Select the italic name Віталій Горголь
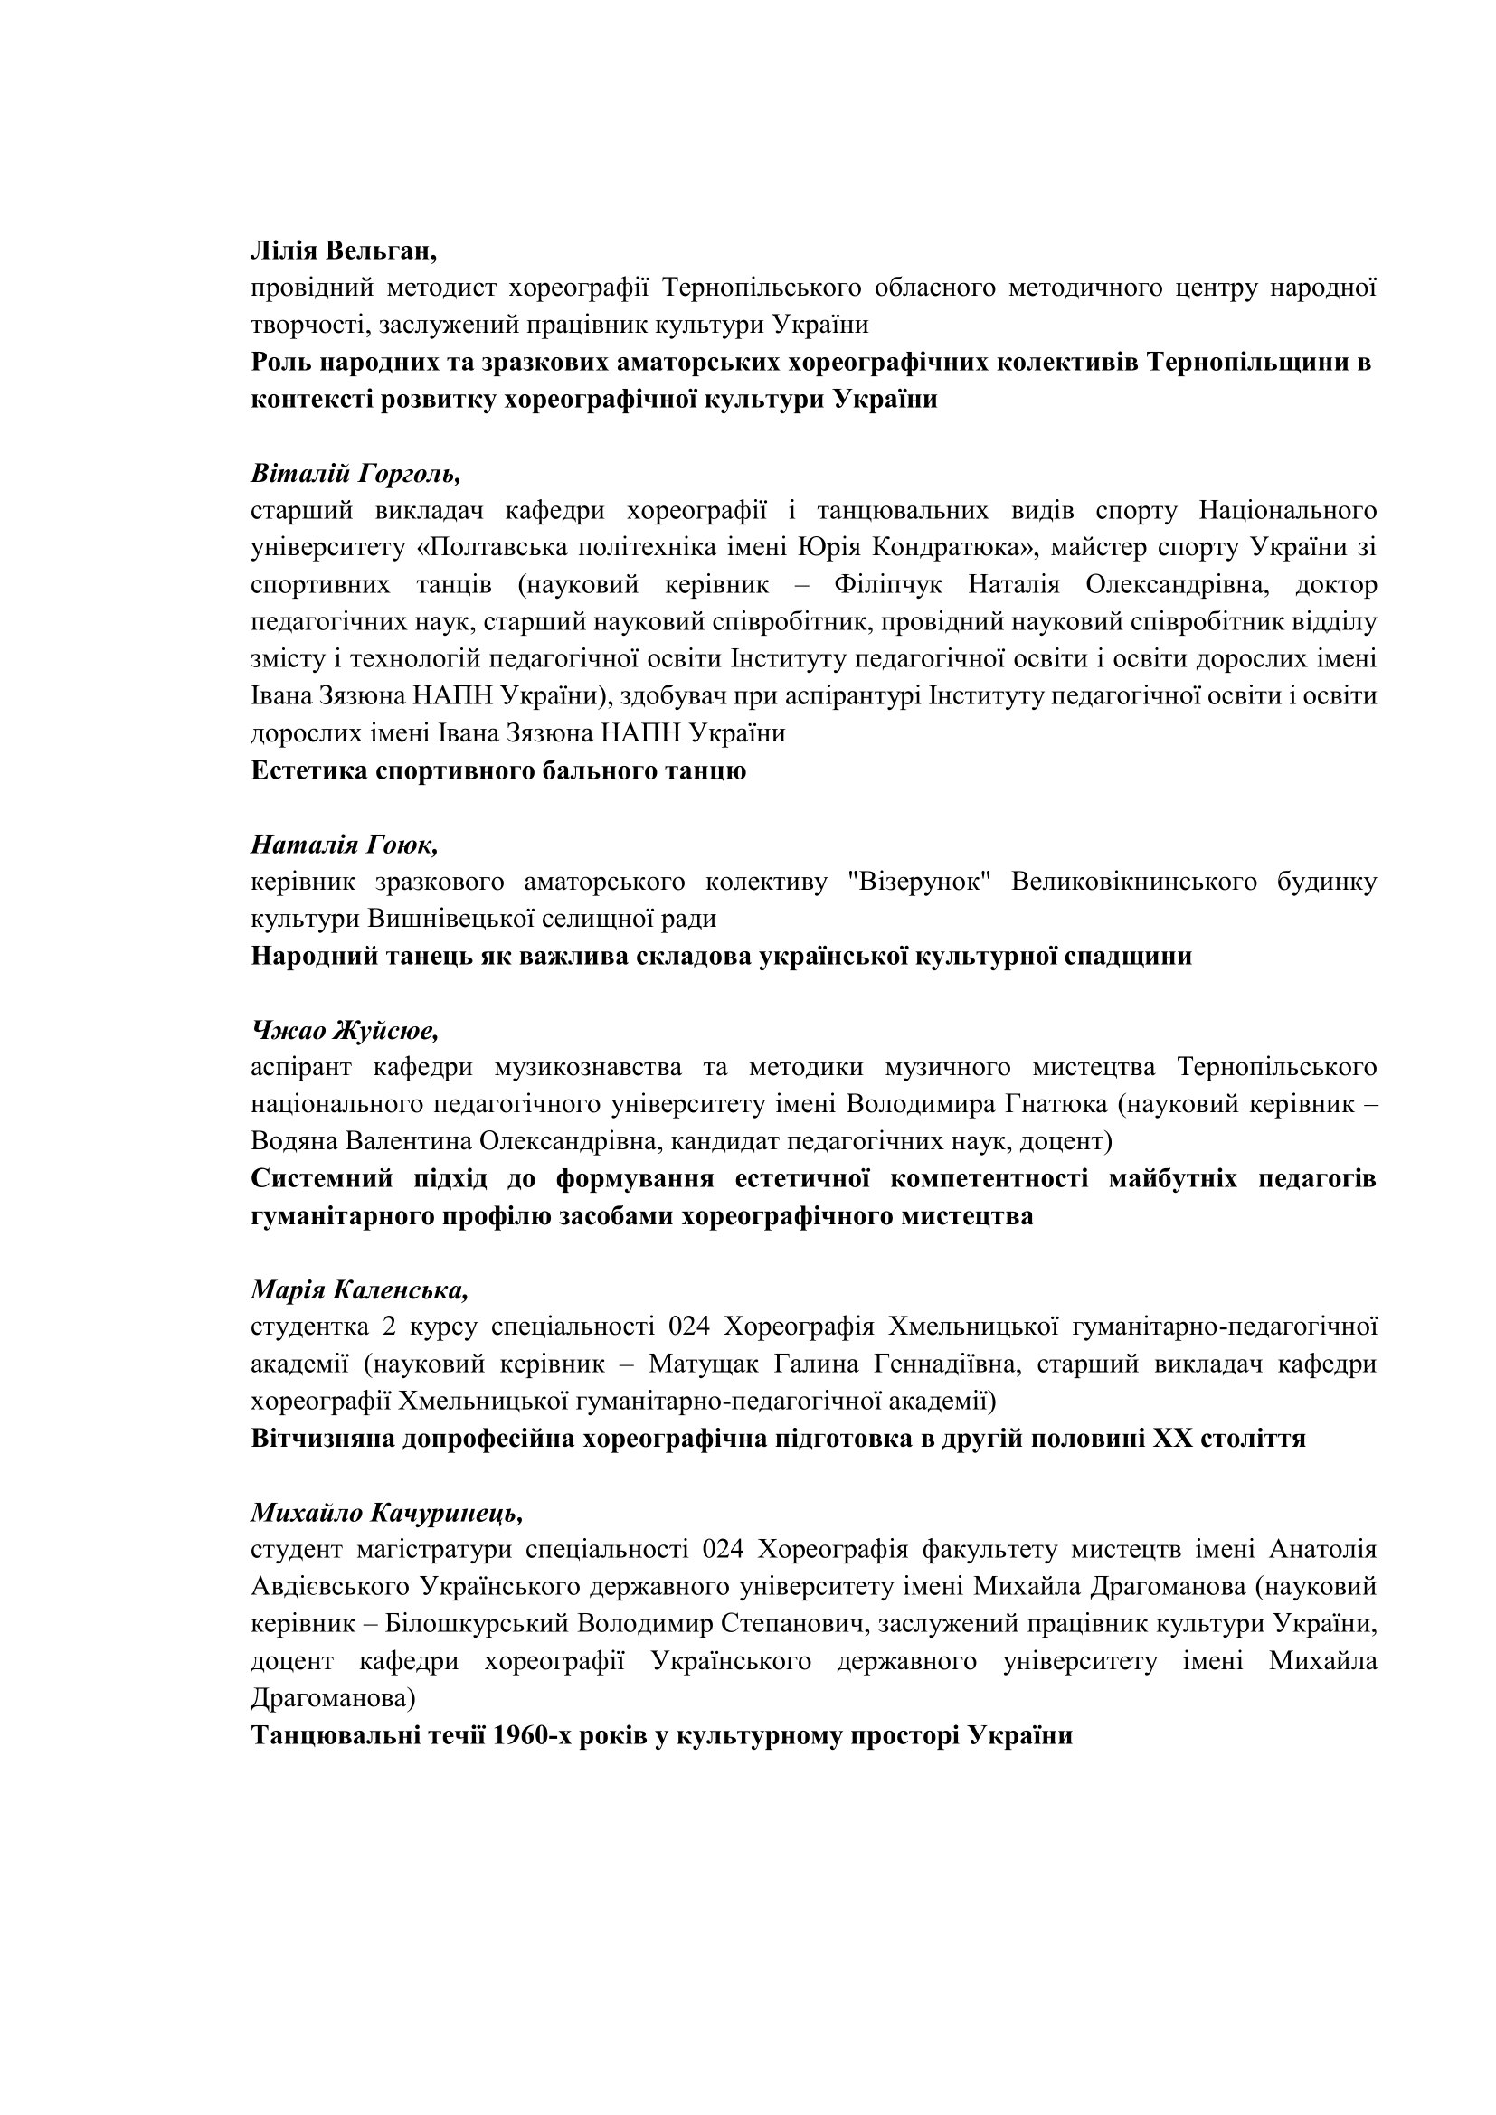355,474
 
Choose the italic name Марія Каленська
359,1289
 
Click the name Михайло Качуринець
387,1513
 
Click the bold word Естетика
309,771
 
